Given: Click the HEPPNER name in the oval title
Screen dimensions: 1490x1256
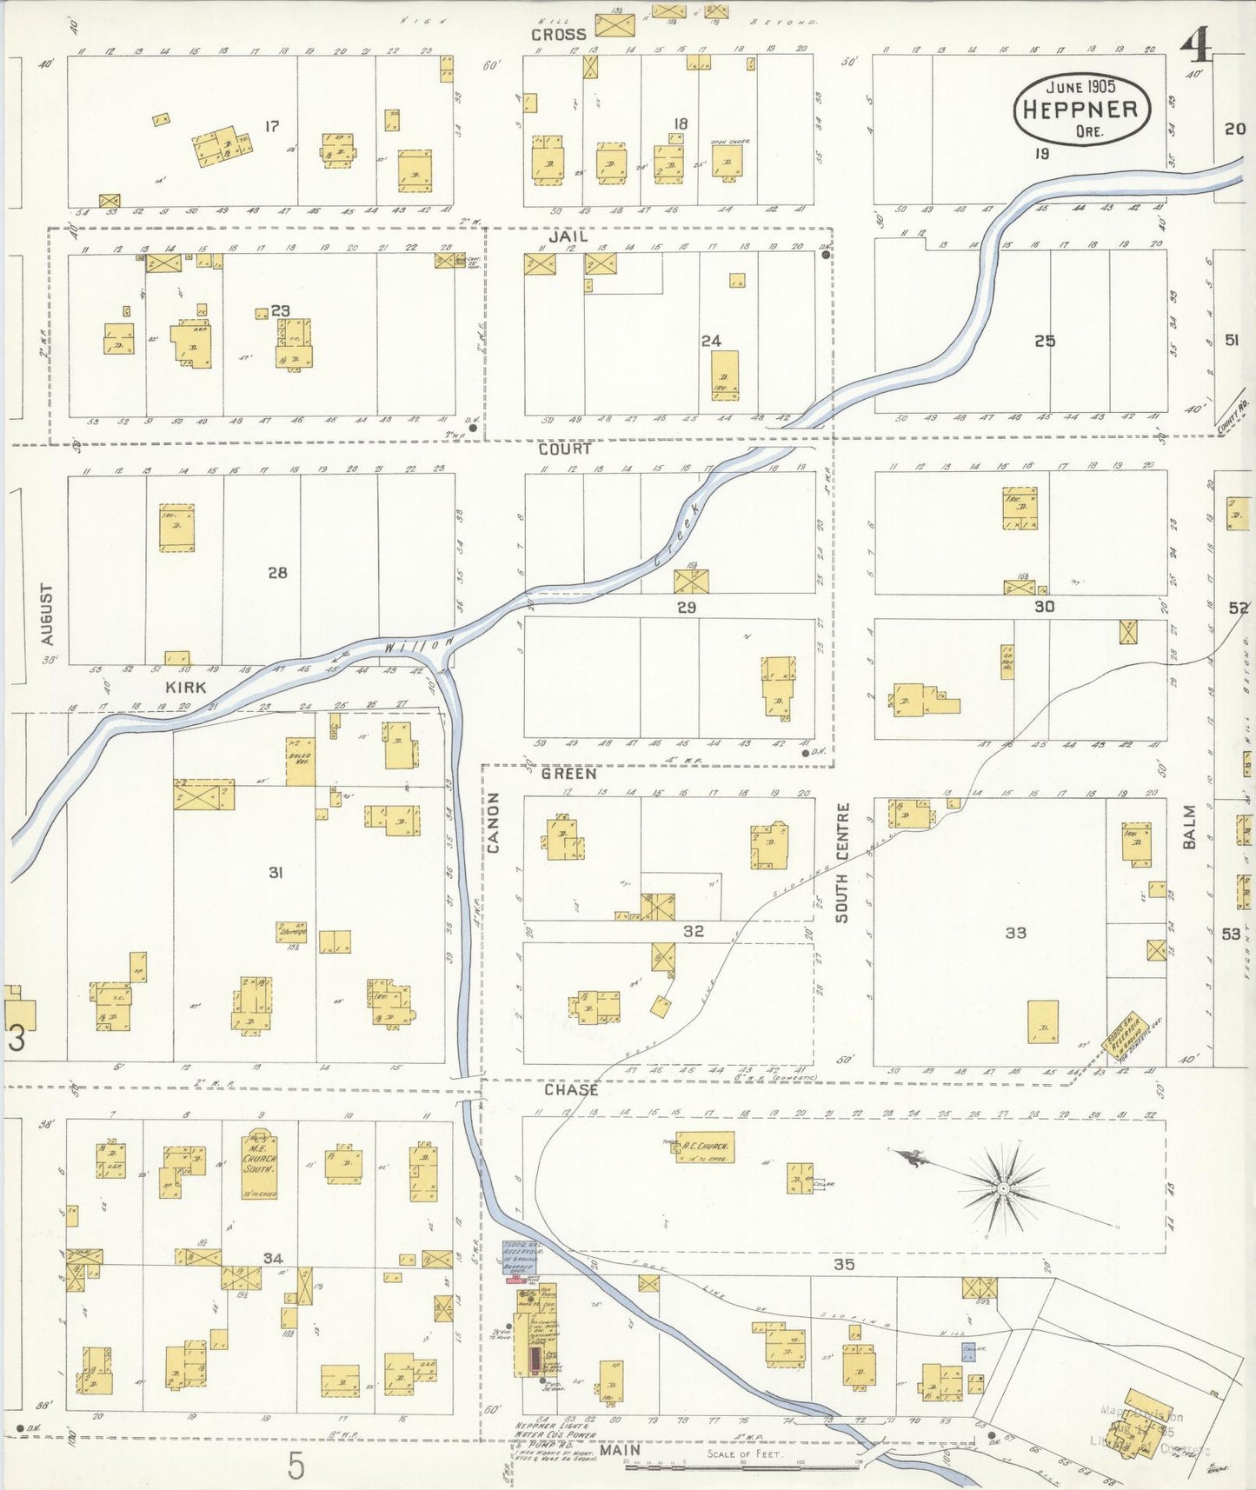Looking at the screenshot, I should (x=1080, y=110).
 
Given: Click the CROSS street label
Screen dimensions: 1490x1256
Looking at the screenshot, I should (x=559, y=35).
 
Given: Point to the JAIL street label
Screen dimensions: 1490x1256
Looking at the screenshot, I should (x=568, y=236).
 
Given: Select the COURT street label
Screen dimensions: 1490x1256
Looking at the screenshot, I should (x=564, y=449).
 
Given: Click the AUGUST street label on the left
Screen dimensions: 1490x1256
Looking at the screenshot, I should (x=47, y=614).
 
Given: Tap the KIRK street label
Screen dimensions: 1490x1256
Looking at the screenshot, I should (x=186, y=687).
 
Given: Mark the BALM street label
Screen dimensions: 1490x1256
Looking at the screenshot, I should (x=1189, y=827).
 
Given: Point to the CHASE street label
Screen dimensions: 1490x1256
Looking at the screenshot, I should (x=571, y=1089).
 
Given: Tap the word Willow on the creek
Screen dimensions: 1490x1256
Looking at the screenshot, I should (x=418, y=645).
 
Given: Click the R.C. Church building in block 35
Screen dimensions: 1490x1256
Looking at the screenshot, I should (x=705, y=1147).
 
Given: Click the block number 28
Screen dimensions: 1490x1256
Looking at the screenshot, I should (x=277, y=573).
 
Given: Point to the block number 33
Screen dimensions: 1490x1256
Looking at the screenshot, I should (x=1015, y=933).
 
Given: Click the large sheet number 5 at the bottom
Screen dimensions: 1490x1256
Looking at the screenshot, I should (x=296, y=1467).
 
